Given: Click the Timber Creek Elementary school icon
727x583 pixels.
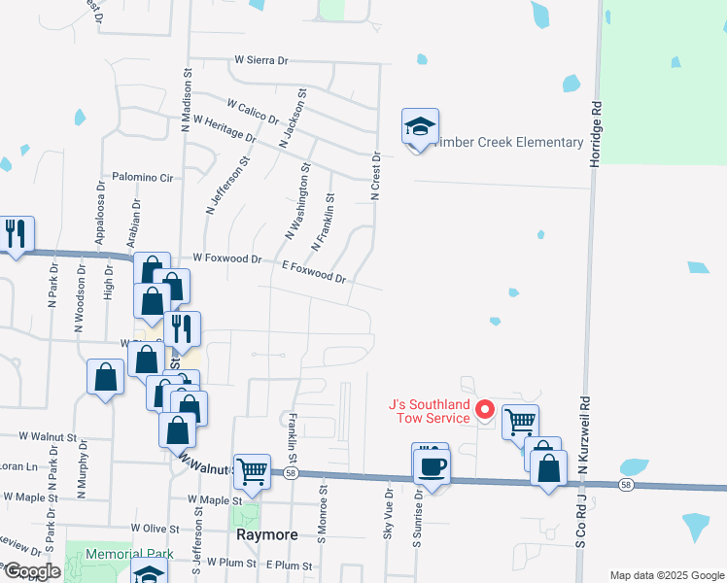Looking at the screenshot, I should tap(420, 127).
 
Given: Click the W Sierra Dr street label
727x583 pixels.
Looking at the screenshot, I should tap(261, 60).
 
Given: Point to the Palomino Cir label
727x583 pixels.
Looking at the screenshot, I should tap(142, 178).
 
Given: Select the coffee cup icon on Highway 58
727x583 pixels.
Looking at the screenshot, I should tap(431, 465).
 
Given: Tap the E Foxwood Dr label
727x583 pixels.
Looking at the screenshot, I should tap(313, 271).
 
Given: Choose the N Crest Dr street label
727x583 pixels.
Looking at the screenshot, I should tap(374, 176).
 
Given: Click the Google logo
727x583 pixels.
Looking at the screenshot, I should tap(31, 571).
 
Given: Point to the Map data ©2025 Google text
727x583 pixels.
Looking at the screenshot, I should tap(665, 575).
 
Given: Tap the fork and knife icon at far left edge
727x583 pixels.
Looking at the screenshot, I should tap(16, 235).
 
